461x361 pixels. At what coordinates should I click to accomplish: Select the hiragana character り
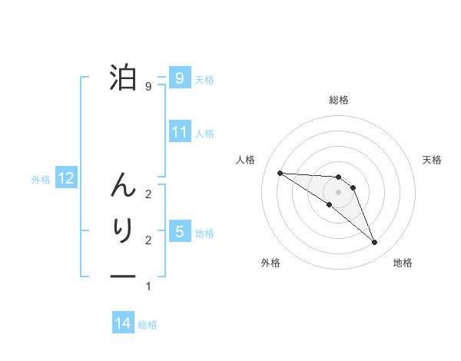123,231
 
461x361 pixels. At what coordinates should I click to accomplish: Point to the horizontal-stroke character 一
123,274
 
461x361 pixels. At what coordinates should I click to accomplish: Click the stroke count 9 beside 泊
148,87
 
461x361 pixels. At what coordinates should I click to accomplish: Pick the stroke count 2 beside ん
148,194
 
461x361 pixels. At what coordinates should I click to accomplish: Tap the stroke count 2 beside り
148,240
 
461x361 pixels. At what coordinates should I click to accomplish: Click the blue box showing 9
179,78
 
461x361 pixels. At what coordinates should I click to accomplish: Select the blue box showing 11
179,131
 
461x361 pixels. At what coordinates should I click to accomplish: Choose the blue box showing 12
66,178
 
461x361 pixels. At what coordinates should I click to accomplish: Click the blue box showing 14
123,323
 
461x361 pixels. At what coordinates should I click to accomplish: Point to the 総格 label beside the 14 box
148,325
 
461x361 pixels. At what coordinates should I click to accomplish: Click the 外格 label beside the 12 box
41,180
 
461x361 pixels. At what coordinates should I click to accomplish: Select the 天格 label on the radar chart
433,160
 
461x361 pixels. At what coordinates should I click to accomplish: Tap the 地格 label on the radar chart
403,263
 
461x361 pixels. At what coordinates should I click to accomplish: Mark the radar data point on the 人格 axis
280,173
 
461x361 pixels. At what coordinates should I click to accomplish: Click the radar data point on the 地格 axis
375,243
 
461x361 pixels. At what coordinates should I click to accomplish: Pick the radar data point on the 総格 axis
339,177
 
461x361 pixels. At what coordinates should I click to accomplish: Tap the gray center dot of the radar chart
339,191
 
